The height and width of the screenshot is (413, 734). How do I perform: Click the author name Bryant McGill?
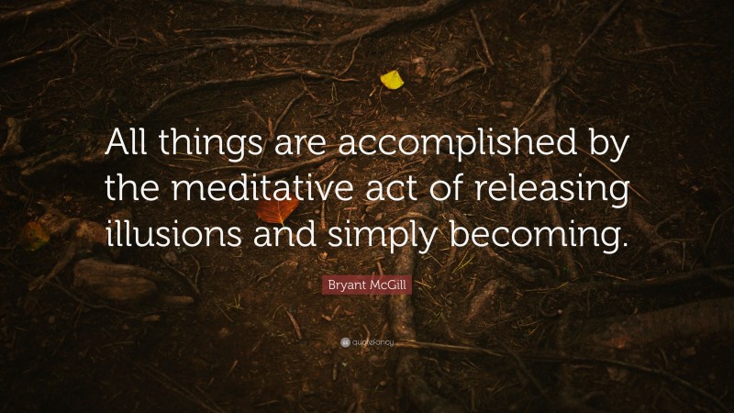tap(367, 285)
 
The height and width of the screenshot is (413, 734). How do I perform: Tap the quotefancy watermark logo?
tap(367, 342)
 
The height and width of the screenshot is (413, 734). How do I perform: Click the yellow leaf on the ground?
tap(392, 80)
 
